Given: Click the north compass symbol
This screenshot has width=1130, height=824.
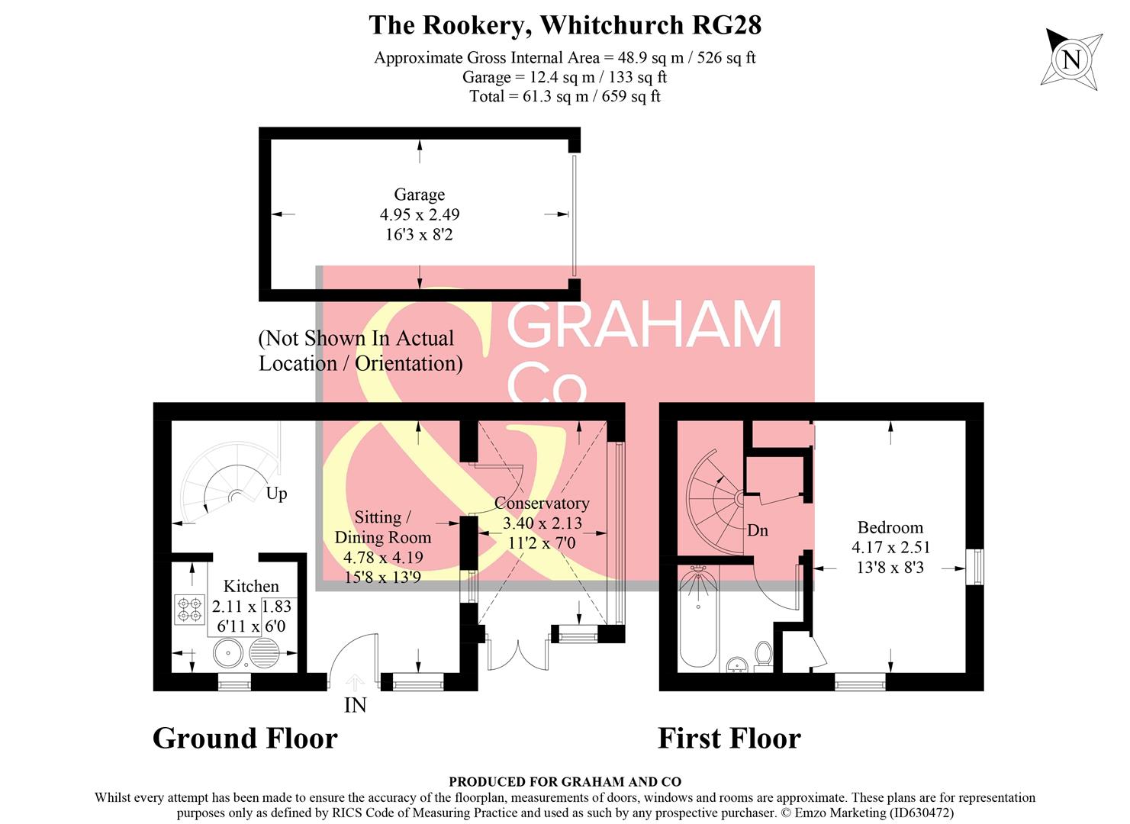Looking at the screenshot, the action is click(x=1072, y=59).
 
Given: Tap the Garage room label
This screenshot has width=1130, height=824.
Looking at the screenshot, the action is click(x=419, y=195).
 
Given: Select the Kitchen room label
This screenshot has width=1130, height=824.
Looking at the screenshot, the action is click(x=251, y=586).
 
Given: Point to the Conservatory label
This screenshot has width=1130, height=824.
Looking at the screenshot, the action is click(x=542, y=504).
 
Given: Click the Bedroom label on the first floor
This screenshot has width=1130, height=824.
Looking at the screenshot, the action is click(x=890, y=527).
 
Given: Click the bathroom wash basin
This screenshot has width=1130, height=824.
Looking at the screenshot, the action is click(x=736, y=665).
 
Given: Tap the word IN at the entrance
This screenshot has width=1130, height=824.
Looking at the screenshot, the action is click(x=355, y=705).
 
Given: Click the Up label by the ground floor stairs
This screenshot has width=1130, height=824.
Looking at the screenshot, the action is click(x=276, y=494).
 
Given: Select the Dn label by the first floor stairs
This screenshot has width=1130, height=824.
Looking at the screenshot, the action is click(x=757, y=530).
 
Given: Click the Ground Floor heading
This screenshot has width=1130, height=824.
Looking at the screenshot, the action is click(x=245, y=739).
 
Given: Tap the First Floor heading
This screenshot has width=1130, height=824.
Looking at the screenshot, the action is click(x=729, y=739).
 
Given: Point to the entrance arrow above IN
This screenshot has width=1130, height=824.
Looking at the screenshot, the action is click(x=355, y=681).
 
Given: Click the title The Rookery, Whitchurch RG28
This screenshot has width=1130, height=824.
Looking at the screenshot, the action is click(x=565, y=25).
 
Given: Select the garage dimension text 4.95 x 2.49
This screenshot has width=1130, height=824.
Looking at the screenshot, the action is click(x=419, y=215).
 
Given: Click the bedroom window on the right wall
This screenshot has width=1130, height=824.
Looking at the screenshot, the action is click(x=974, y=567).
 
